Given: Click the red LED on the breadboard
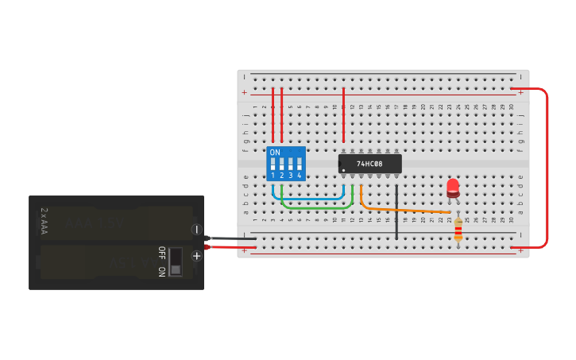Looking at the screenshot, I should (453, 188).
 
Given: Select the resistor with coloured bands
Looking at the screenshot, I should (458, 230).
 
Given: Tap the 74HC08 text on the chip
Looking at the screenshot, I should (369, 164).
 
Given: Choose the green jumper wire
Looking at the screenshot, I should (318, 207).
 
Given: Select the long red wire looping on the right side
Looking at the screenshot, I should (547, 167).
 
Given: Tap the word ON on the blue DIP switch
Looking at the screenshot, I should (275, 152).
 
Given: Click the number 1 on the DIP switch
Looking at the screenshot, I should (273, 176).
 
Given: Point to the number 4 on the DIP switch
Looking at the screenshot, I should (299, 176).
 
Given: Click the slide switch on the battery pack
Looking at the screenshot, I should (176, 261).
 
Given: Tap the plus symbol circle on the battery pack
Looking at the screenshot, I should (196, 256).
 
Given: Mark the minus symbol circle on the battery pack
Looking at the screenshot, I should (196, 230).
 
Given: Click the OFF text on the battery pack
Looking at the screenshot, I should (161, 253).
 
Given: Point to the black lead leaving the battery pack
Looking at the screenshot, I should (230, 238).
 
